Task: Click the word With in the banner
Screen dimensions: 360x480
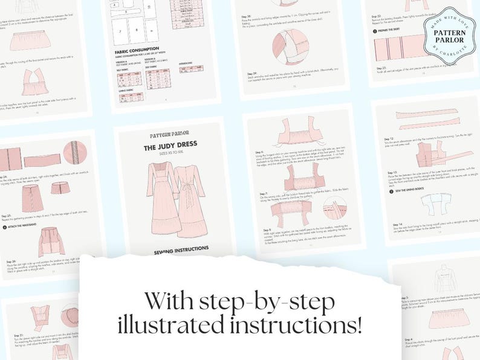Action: (166, 299)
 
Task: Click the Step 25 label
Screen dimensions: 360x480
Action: (10, 215)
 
